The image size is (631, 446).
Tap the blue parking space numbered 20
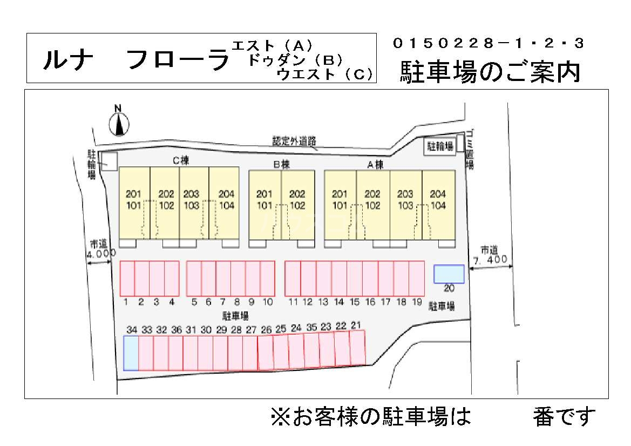tap(449, 274)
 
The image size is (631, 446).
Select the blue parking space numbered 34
tap(131, 353)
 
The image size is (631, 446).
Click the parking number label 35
tap(311, 327)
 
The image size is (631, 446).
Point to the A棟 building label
tap(375, 165)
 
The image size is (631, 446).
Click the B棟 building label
tap(281, 165)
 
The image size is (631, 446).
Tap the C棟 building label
tap(180, 160)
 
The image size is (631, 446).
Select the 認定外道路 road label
tap(294, 141)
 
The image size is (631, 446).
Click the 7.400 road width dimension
tap(490, 260)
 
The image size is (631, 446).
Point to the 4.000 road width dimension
tap(101, 253)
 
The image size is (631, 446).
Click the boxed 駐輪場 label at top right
tap(440, 146)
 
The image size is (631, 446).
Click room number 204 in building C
tap(226, 194)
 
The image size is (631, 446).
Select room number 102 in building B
tap(297, 205)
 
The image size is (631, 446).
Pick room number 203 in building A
tap(405, 194)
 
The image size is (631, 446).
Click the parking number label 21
tap(356, 325)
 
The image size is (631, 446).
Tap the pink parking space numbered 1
tap(127, 278)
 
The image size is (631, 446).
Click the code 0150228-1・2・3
tap(488, 43)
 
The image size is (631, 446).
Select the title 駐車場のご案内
tap(490, 72)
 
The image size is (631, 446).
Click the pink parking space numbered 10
tap(268, 278)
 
